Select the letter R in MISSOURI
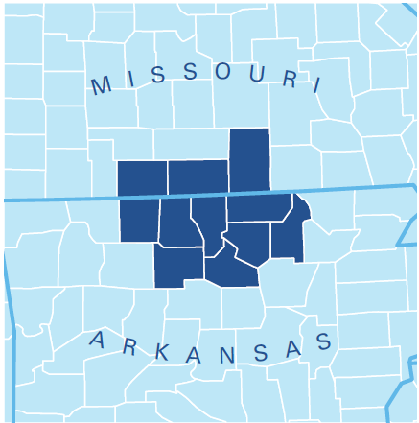tap(289, 79)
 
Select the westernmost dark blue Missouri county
tap(142, 178)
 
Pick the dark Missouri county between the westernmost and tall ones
tap(198, 177)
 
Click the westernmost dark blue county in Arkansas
tap(139, 220)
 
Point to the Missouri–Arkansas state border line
tap(58, 200)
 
